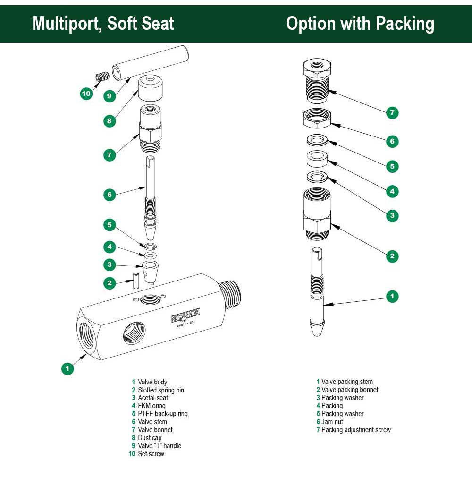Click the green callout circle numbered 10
coord(86,94)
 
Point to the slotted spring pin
coord(135,281)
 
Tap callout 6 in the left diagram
coord(110,194)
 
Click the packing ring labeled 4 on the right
coord(317,159)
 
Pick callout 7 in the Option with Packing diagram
coord(392,112)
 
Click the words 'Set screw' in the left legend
coord(151,454)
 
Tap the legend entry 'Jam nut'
coord(332,422)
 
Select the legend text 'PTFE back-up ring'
coord(162,414)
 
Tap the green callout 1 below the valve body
coord(67,368)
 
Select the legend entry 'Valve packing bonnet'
coord(350,390)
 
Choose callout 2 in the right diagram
coord(392,256)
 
